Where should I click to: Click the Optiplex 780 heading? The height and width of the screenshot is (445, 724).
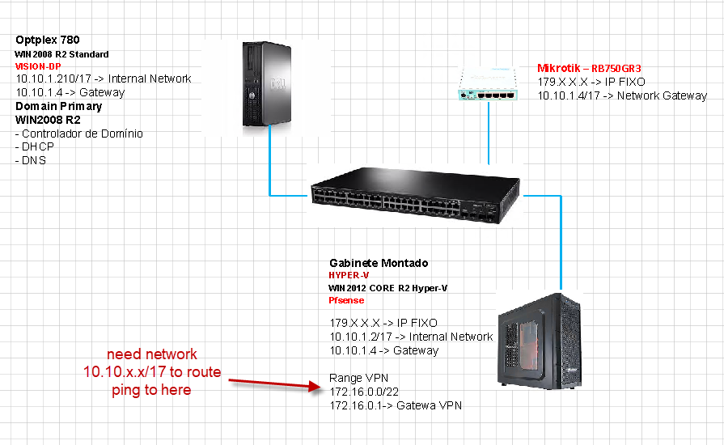48,40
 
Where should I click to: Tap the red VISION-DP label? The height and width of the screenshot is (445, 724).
38,66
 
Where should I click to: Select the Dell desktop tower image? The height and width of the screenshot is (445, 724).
265,87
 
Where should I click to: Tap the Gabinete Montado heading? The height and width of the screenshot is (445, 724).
379,264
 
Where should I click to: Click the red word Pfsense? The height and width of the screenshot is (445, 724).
346,300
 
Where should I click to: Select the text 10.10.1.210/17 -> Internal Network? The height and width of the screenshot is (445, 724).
104,79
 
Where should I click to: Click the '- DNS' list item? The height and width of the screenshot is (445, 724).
32,160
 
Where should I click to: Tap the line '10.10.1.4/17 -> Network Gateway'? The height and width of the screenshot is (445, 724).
622,95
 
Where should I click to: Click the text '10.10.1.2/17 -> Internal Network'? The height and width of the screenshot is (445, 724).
411,337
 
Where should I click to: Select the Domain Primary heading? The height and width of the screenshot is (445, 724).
59,106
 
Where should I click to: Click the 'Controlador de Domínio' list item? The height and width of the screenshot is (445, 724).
79,133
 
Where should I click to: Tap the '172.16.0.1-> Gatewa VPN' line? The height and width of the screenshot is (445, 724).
396,405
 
